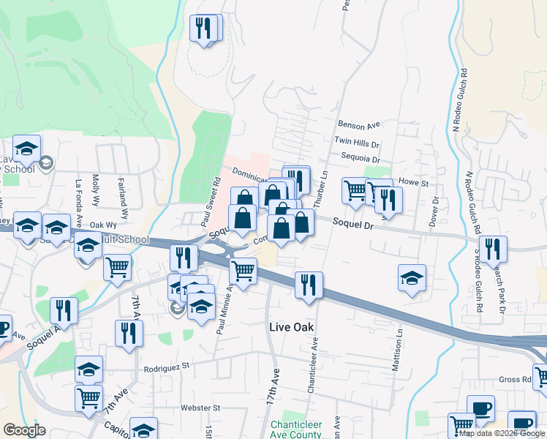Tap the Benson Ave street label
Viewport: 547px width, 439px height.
pyautogui.click(x=359, y=126)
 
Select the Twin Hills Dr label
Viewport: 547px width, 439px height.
pyautogui.click(x=357, y=142)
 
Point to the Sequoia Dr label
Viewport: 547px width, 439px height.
pyautogui.click(x=360, y=158)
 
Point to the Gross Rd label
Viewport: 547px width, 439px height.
pyautogui.click(x=516, y=379)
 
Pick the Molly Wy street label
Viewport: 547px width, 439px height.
pyautogui.click(x=96, y=190)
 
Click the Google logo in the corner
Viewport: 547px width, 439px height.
pyautogui.click(x=24, y=430)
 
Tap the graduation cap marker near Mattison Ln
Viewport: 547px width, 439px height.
pyautogui.click(x=412, y=278)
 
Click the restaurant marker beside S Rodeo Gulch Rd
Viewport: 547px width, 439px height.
pyautogui.click(x=493, y=249)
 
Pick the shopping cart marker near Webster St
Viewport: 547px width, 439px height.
pyautogui.click(x=88, y=399)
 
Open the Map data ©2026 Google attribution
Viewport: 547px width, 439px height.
pyautogui.click(x=502, y=433)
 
